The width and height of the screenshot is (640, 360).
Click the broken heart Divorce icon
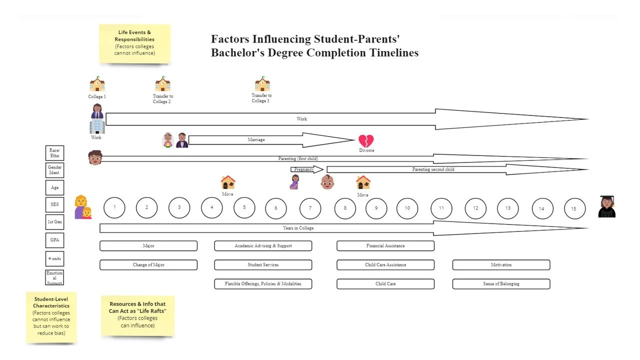[x=366, y=141]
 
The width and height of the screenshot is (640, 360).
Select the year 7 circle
[x=310, y=208]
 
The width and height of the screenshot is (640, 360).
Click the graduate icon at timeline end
[x=606, y=206]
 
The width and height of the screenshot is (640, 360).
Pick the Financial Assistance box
[x=385, y=246]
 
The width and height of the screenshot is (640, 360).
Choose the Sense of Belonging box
[x=501, y=284]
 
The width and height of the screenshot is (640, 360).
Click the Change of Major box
[x=148, y=265]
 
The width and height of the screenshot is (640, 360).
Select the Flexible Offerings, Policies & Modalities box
[x=263, y=284]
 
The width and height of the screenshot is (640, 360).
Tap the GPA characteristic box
[x=54, y=240]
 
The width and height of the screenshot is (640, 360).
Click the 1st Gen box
[x=54, y=221]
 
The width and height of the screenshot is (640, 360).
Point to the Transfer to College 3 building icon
[x=262, y=84]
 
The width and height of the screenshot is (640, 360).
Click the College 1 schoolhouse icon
[x=97, y=84]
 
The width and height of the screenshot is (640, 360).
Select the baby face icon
[x=327, y=182]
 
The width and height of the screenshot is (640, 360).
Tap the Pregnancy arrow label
[x=304, y=169]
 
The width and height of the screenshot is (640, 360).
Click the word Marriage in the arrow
[x=256, y=140]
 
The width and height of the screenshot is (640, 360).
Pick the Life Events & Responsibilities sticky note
[x=134, y=43]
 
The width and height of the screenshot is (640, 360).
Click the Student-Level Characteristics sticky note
[x=51, y=317]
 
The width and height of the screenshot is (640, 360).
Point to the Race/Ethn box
[x=54, y=153]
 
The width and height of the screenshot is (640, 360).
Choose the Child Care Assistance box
[x=385, y=265]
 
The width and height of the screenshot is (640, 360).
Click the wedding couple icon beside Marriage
[x=175, y=140]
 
